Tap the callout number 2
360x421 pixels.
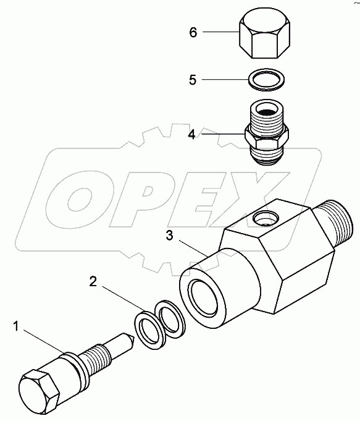[93, 282]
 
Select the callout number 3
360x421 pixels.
[170, 235]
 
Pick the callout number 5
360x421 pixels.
[193, 79]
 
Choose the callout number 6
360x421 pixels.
[193, 32]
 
